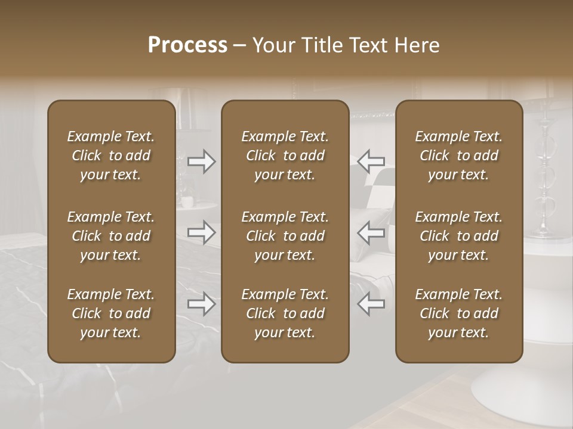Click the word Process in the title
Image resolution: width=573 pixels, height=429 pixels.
pos(187,45)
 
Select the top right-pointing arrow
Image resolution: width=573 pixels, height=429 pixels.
pos(201,161)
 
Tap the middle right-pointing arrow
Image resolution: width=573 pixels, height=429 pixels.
pos(201,232)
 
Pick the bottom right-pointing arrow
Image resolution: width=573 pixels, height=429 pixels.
pos(201,304)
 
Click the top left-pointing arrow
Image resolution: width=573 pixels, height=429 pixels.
pos(371,161)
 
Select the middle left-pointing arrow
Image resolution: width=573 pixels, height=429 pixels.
pos(371,232)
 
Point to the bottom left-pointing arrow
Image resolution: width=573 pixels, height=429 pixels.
pos(371,304)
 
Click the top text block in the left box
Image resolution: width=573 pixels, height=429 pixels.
pos(111,156)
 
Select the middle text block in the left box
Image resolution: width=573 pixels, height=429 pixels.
pos(111,236)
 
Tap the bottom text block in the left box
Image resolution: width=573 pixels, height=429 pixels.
pos(111,313)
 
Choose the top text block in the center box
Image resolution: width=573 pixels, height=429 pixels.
pos(285,156)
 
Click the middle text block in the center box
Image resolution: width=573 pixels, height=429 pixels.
pos(285,236)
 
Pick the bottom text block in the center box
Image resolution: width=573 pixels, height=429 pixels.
pos(285,313)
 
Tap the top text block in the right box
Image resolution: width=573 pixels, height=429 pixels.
pos(458,156)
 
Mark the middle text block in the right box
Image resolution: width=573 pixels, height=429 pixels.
pos(458,236)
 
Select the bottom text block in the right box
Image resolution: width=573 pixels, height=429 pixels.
pos(458,313)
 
